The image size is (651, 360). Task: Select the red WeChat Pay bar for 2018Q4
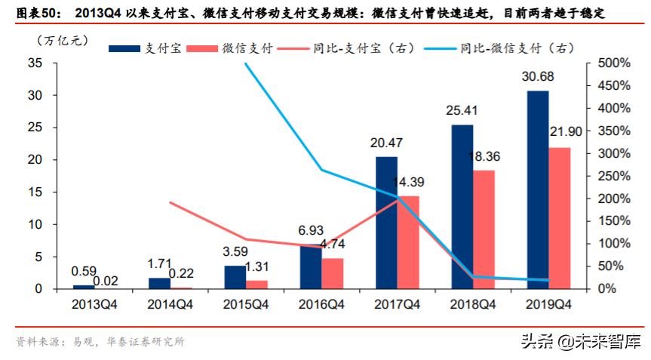click(484, 229)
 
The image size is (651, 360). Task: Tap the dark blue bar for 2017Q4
click(386, 223)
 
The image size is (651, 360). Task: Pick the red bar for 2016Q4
click(333, 273)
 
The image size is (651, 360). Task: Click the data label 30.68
click(536, 77)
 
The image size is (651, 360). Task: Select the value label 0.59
click(84, 271)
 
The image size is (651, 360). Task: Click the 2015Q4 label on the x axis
click(246, 304)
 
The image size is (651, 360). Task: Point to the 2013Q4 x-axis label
click(95, 304)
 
